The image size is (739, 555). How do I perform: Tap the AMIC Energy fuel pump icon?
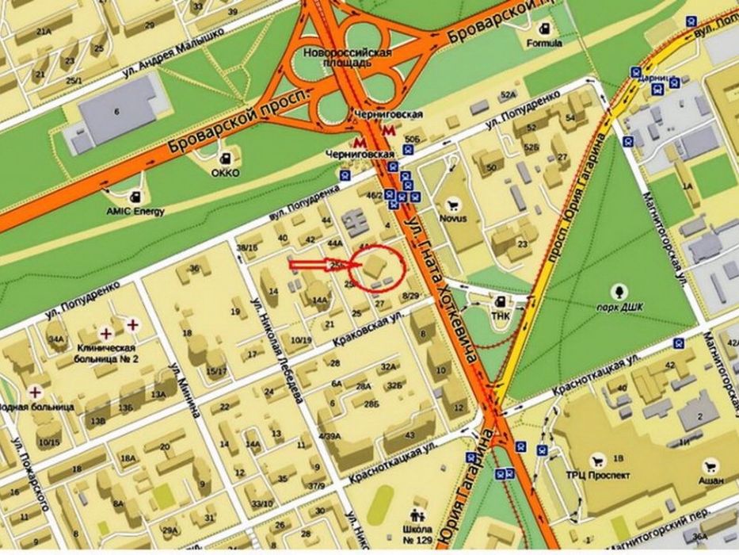pos(137,195)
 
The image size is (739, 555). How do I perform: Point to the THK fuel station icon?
pos(501,301)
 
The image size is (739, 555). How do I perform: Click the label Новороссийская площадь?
pos(348,57)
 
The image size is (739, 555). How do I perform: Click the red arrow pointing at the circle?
pos(317,265)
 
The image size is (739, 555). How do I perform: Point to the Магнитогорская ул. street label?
pos(662,238)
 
